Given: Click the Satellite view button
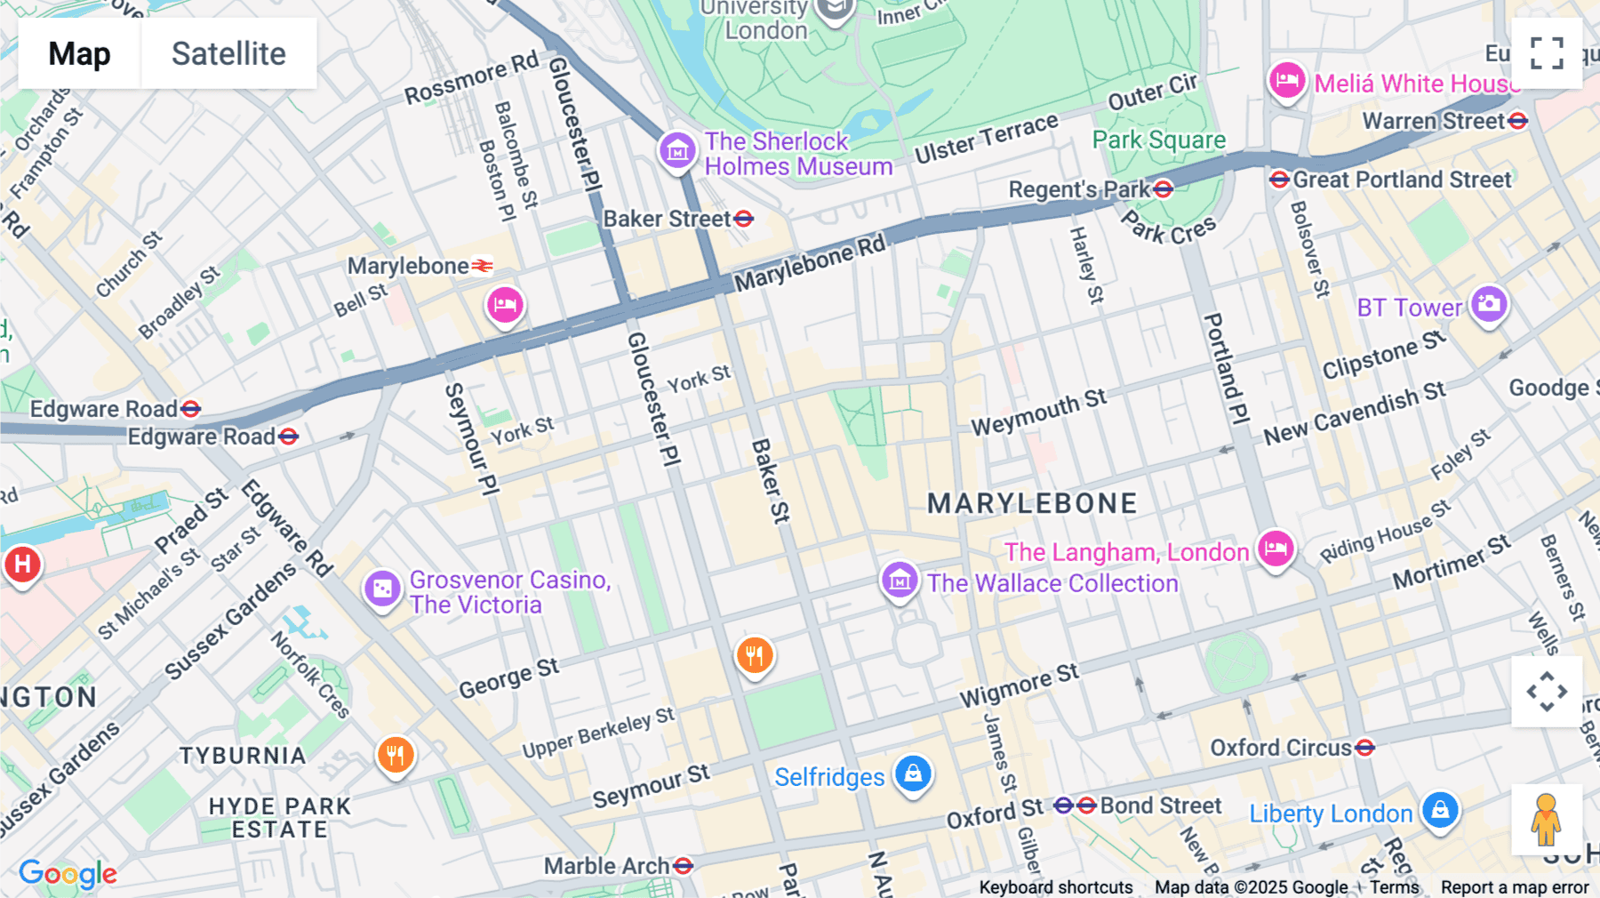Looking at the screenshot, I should (x=228, y=53).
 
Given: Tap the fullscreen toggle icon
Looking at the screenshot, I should (x=1547, y=53).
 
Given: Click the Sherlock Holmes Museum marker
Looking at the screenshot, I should (x=677, y=150).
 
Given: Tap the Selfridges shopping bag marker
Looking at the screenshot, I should (x=913, y=774).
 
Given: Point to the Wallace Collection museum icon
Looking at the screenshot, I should (x=899, y=581).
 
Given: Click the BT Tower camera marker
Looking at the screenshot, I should (x=1489, y=304).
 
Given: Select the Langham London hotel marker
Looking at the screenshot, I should (x=1275, y=548).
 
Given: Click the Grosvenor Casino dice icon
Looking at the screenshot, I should (x=382, y=588).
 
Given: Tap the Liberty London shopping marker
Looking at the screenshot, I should (x=1440, y=809).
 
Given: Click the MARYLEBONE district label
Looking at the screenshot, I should (x=1032, y=503).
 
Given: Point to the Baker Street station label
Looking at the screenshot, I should (x=668, y=219).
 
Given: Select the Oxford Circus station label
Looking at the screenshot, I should (x=1281, y=748).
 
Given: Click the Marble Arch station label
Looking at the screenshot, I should (x=607, y=866).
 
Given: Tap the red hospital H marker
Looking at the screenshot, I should (x=22, y=564).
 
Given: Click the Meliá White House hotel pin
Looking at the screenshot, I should (x=1286, y=81).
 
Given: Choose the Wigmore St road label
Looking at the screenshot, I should (x=1019, y=686).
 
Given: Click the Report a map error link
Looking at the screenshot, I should (x=1515, y=887).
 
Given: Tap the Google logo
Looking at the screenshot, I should (x=68, y=875).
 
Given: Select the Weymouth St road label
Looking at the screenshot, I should (x=1038, y=412).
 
